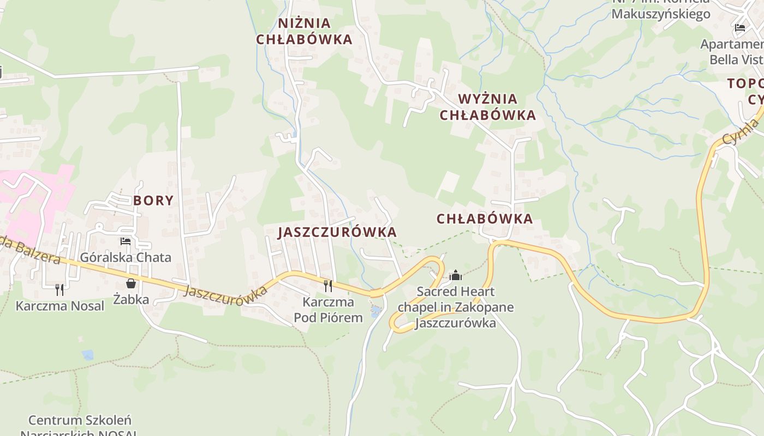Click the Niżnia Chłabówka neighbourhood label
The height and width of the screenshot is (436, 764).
coord(305,31)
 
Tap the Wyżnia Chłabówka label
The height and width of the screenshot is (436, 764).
coord(488,107)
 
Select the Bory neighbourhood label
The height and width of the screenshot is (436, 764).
coord(153,200)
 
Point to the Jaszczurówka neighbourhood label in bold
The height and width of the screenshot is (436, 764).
coord(337,232)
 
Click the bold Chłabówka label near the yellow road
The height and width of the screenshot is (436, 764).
coord(485,219)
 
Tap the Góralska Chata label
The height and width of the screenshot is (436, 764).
coord(126,257)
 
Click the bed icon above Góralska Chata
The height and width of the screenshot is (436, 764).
coord(126,241)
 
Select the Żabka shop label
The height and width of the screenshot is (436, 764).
coord(131,299)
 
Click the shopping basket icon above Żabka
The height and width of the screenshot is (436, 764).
coord(131,283)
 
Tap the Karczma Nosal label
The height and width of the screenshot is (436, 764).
coord(59,306)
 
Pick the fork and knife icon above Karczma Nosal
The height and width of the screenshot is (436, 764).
coord(59,289)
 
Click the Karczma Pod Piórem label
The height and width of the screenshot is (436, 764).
coord(328,310)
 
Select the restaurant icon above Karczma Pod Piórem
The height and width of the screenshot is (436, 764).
coord(328,286)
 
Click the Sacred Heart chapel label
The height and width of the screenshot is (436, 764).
coord(456,307)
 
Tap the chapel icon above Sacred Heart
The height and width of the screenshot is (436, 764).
coord(456,276)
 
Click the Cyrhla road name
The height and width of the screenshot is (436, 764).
coord(741,132)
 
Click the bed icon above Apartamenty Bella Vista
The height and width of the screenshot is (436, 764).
coord(740,28)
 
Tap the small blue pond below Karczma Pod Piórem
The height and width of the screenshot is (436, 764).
coord(375,312)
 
